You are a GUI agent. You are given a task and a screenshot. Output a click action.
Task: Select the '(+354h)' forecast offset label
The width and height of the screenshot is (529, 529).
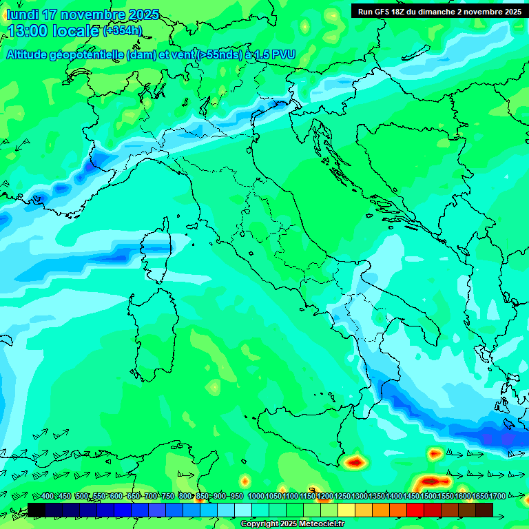tap(123, 30)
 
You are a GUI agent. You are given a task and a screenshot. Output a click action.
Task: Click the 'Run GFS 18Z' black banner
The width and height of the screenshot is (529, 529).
tap(439, 12)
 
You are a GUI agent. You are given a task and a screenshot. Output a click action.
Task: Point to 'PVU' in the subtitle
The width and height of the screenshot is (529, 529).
tap(282, 54)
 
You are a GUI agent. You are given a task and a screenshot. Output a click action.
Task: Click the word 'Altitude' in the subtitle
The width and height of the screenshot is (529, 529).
tap(31, 54)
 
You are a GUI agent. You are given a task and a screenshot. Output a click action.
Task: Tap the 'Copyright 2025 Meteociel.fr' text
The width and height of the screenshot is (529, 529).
tap(292, 524)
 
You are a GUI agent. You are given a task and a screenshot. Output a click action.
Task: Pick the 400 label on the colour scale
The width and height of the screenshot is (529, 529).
tap(48, 497)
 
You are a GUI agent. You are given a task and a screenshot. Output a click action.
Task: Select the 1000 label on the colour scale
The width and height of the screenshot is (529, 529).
tap(256, 497)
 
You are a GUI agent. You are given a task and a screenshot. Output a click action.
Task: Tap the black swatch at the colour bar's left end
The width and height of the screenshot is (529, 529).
tap(37, 510)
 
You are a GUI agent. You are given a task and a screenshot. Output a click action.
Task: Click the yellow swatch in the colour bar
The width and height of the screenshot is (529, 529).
tap(346, 510)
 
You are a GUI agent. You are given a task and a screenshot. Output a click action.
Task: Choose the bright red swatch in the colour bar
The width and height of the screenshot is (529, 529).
tap(415, 510)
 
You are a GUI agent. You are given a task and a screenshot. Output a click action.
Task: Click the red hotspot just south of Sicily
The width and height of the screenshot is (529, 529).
tap(355, 461)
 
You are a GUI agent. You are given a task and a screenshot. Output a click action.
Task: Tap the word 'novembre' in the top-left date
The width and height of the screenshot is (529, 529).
tap(95, 14)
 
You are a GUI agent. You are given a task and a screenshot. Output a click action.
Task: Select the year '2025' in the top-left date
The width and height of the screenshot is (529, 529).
tap(143, 14)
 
